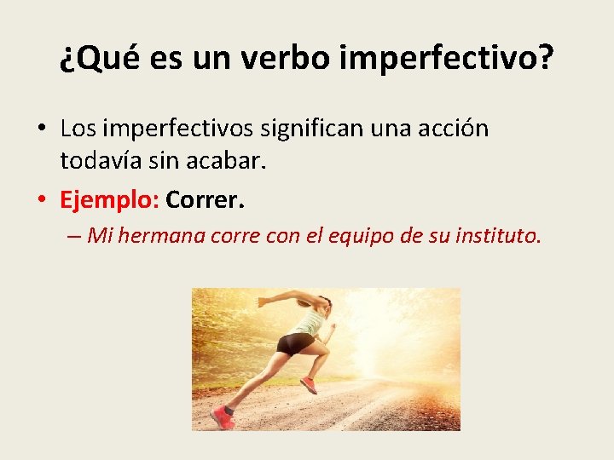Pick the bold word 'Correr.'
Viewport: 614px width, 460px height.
point(206,200)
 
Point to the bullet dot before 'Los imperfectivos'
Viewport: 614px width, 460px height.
point(42,129)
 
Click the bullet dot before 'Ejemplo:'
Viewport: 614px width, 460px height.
point(42,201)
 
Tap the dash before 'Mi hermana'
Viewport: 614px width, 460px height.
point(73,237)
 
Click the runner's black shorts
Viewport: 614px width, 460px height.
point(295,343)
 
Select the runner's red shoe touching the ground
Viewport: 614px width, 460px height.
point(223,418)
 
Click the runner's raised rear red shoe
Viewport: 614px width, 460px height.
point(309,386)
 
